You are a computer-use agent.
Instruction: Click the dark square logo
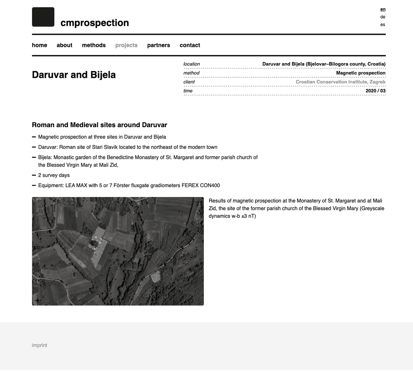pyautogui.click(x=43, y=17)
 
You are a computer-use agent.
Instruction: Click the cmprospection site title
pyautogui.click(x=95, y=23)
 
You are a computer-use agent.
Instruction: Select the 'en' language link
pyautogui.click(x=383, y=9)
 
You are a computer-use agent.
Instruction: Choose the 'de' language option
pyautogui.click(x=383, y=17)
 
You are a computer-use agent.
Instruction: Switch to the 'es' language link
pyautogui.click(x=383, y=24)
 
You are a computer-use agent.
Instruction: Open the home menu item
pyautogui.click(x=40, y=45)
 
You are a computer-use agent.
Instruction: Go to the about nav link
pyautogui.click(x=64, y=45)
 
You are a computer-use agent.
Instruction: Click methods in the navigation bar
pyautogui.click(x=94, y=45)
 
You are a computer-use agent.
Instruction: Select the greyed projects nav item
pyautogui.click(x=126, y=45)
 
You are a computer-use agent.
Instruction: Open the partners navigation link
pyautogui.click(x=158, y=45)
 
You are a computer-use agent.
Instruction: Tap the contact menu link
pyautogui.click(x=190, y=45)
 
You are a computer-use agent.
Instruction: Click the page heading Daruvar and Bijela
pyautogui.click(x=74, y=75)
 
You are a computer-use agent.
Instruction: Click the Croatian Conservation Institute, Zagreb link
pyautogui.click(x=340, y=82)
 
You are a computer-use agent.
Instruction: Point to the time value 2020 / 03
pyautogui.click(x=375, y=91)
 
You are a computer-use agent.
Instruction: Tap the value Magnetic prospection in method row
pyautogui.click(x=361, y=73)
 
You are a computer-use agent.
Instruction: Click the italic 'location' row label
pyautogui.click(x=191, y=64)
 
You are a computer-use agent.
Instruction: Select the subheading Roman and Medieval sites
pyautogui.click(x=99, y=125)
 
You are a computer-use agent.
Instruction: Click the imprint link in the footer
pyautogui.click(x=40, y=345)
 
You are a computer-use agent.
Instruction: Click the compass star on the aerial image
pyautogui.click(x=37, y=300)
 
